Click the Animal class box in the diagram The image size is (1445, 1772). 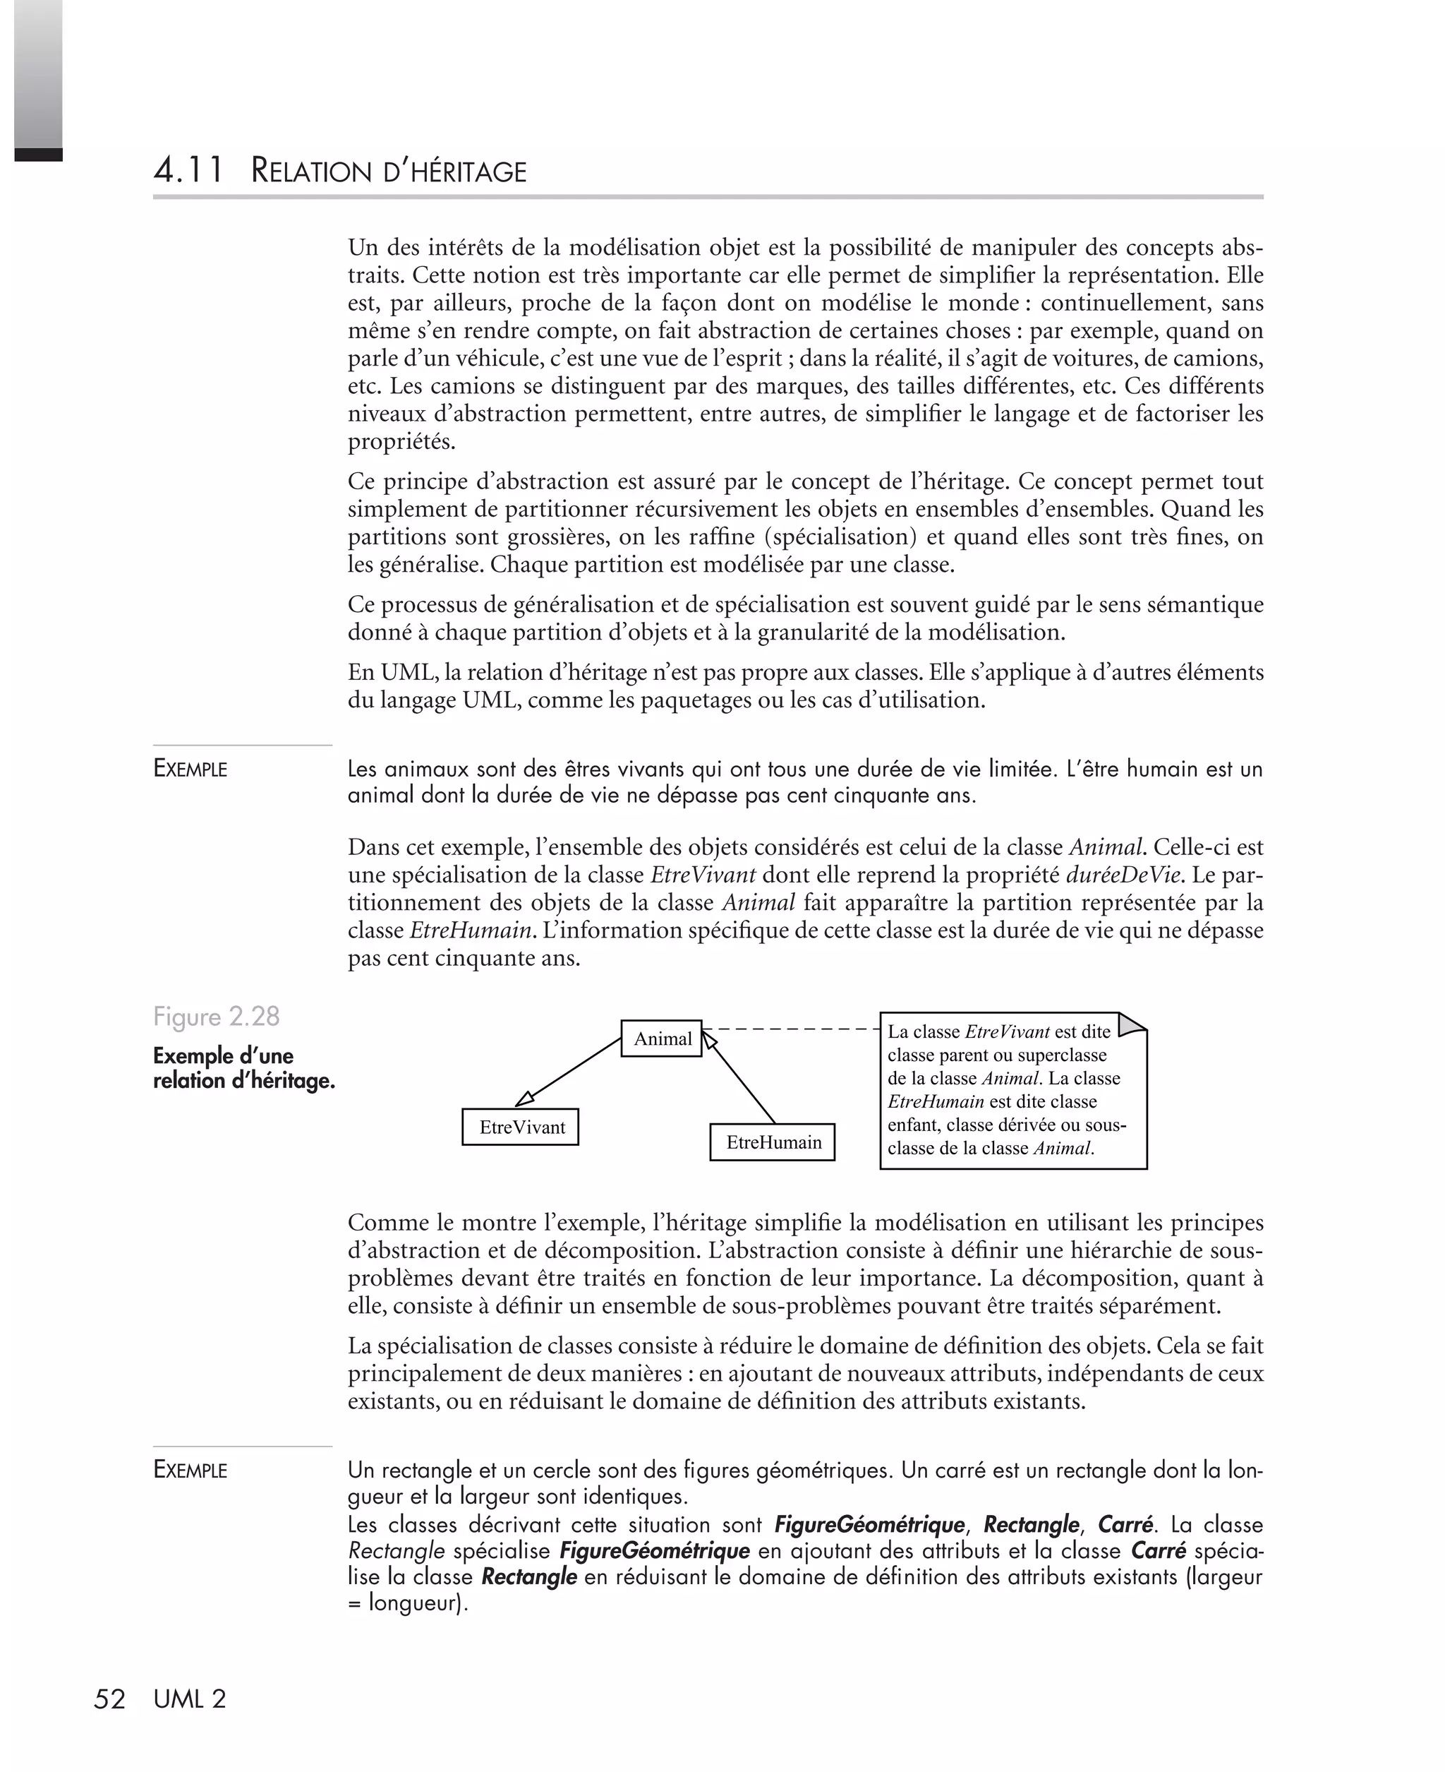[x=662, y=1038]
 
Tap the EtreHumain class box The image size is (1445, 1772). [x=773, y=1142]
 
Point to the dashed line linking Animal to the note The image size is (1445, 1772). [x=791, y=1029]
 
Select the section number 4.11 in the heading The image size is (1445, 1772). [x=188, y=171]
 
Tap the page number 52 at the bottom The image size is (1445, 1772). [x=109, y=1699]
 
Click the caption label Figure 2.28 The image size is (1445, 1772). [x=217, y=1016]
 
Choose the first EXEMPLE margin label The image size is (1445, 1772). [x=190, y=769]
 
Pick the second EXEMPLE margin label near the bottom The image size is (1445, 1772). [x=190, y=1470]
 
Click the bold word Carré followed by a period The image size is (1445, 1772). [x=1125, y=1526]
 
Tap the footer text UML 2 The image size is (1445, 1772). [x=190, y=1699]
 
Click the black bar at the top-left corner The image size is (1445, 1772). [x=38, y=154]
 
